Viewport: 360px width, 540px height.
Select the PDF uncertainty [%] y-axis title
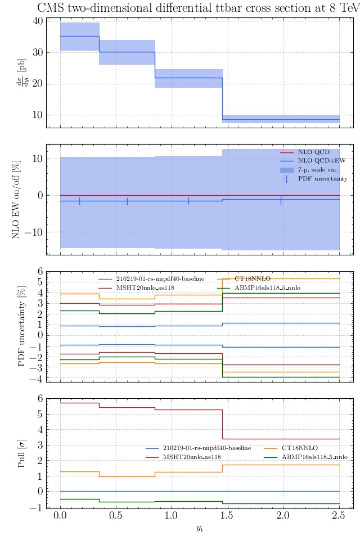coord(22,326)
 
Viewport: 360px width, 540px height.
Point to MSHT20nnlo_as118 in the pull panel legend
coord(192,457)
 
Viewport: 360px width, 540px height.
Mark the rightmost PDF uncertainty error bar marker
coord(281,200)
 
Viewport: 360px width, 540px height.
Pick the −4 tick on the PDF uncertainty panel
coord(37,378)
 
